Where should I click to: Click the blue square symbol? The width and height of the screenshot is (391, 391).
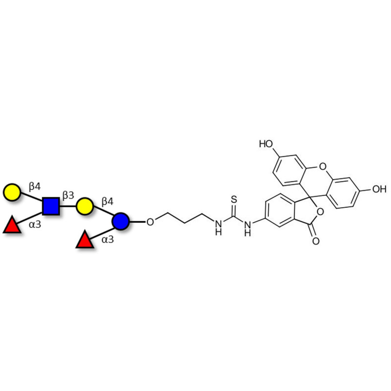51,206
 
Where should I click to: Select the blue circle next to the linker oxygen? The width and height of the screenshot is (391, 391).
120,221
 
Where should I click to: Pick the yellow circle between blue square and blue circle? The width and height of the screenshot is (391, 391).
85,206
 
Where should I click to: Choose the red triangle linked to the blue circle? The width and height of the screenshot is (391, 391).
85,240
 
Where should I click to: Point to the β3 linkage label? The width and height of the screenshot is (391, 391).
68,195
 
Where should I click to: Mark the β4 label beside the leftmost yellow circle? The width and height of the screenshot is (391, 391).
35,186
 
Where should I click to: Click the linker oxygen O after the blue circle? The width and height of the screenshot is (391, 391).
150,222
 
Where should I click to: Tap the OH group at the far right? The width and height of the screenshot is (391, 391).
379,189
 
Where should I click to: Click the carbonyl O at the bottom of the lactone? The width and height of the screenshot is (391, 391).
316,240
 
